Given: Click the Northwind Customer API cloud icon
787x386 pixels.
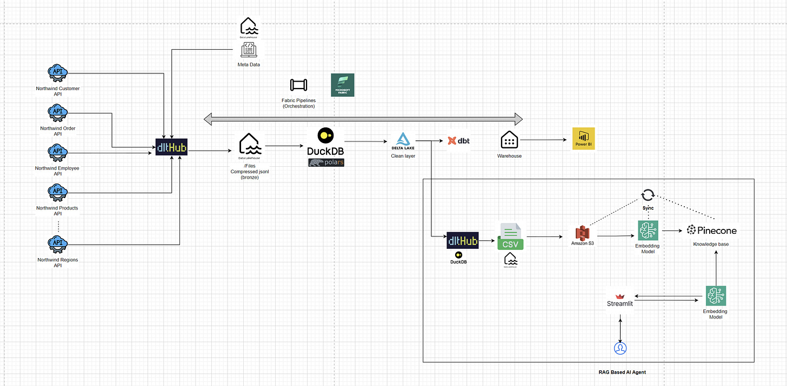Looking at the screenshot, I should pos(57,72).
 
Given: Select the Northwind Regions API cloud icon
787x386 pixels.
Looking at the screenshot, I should pos(57,243).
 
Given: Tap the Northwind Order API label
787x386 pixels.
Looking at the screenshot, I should pos(58,131).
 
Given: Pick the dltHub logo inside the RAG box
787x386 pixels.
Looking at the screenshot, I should pos(462,241).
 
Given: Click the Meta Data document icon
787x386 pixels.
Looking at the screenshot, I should pos(249,50).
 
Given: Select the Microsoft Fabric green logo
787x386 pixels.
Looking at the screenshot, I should pos(343,85).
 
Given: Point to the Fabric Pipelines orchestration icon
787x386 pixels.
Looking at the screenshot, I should pos(298,85).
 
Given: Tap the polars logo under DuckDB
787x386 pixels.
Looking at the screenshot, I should pos(326,162).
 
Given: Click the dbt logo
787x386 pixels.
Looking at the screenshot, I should pos(458,141).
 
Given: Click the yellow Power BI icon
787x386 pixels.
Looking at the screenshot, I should pos(583,139).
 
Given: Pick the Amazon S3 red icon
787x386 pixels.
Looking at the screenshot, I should pos(583,233).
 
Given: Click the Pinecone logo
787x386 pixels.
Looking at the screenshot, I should pos(711,231).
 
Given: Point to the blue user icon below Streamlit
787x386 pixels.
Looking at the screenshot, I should pos(620,348).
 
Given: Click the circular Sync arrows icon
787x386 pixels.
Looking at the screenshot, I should pos(648,195).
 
